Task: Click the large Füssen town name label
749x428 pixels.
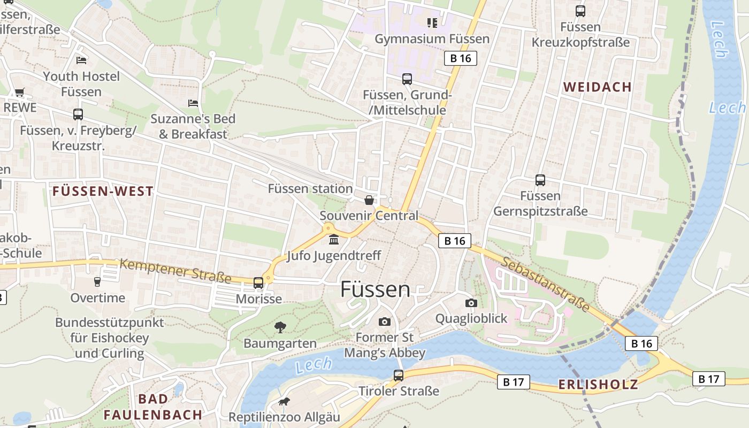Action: tap(376, 289)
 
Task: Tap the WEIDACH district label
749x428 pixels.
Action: tap(597, 87)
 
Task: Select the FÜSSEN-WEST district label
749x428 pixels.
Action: tap(103, 191)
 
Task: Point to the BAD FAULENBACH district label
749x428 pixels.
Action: tap(153, 407)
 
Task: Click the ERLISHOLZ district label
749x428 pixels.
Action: tap(598, 384)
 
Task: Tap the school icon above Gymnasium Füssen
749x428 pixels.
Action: tap(432, 22)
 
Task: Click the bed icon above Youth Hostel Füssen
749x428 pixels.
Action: tap(81, 60)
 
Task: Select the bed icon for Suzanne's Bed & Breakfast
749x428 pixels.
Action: tap(193, 103)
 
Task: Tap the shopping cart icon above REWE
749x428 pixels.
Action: tap(20, 92)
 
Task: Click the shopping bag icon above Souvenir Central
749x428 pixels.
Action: tap(369, 200)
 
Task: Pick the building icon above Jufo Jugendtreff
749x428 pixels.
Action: tap(334, 239)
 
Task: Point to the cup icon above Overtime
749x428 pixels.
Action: tap(97, 281)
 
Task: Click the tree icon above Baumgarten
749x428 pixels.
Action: tap(280, 327)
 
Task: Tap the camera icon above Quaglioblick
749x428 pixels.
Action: tap(471, 303)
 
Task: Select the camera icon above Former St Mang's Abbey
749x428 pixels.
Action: tap(384, 322)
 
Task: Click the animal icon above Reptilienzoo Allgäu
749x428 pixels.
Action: tap(284, 401)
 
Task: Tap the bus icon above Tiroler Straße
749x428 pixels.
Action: tap(399, 376)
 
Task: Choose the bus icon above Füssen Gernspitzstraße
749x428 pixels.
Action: tap(540, 180)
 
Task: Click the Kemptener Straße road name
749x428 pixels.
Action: tap(175, 271)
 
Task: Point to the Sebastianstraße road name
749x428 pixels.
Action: tap(546, 284)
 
